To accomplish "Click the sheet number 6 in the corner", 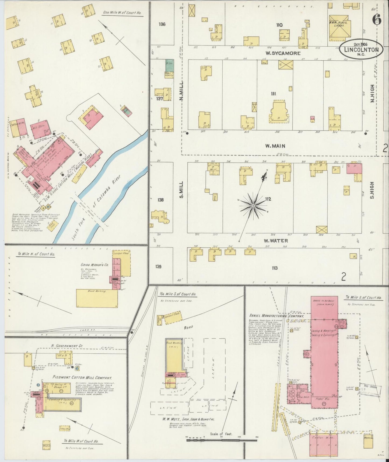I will [x=376, y=20].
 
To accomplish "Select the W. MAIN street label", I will [x=275, y=146].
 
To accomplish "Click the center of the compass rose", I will [x=253, y=206].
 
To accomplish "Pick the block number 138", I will [x=161, y=200].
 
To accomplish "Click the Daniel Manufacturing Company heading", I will [x=277, y=316].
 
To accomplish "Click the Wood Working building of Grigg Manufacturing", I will [x=97, y=298].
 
